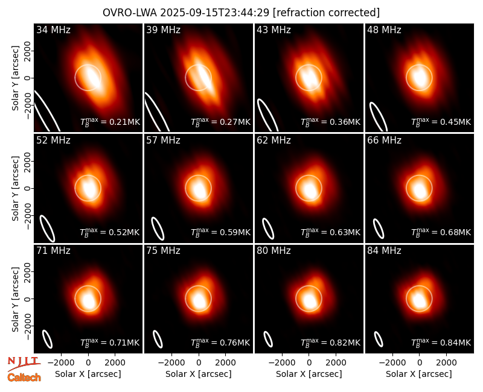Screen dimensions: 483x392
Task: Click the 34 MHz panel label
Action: [53, 30]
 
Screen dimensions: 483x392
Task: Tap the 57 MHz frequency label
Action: [163, 141]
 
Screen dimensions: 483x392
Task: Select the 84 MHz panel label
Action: [384, 251]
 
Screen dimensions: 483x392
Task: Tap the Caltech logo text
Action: [24, 378]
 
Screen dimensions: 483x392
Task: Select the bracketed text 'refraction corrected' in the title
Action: [326, 13]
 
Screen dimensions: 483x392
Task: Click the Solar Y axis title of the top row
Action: [15, 78]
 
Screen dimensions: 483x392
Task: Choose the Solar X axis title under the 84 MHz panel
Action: [419, 374]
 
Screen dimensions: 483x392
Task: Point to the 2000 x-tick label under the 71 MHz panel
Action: [115, 362]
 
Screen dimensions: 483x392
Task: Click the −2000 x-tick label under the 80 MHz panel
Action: [282, 362]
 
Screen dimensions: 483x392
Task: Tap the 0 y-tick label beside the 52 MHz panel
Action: [28, 188]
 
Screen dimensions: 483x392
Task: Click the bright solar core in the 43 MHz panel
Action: [309, 78]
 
